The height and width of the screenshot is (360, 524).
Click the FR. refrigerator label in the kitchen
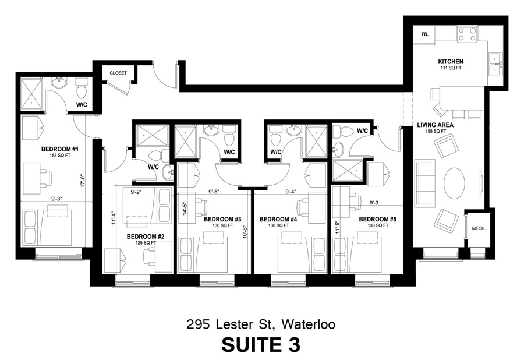[425, 34]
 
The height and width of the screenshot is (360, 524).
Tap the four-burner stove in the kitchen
[467, 34]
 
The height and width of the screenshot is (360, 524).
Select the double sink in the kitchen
[495, 64]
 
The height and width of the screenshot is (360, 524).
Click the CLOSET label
[118, 73]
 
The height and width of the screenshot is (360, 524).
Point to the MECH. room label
[479, 228]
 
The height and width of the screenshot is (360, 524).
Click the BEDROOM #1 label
[60, 149]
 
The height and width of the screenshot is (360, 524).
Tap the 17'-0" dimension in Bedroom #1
[83, 180]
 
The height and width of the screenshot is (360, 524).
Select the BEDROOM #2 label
[146, 237]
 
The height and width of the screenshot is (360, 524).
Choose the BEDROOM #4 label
[278, 219]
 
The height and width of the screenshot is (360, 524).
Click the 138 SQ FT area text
[378, 225]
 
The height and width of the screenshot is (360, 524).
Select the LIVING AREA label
[435, 125]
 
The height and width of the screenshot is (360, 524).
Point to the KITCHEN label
[451, 62]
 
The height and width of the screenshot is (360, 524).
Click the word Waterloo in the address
[309, 324]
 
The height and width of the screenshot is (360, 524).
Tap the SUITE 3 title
[261, 345]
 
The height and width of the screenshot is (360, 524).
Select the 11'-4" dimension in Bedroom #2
[114, 217]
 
